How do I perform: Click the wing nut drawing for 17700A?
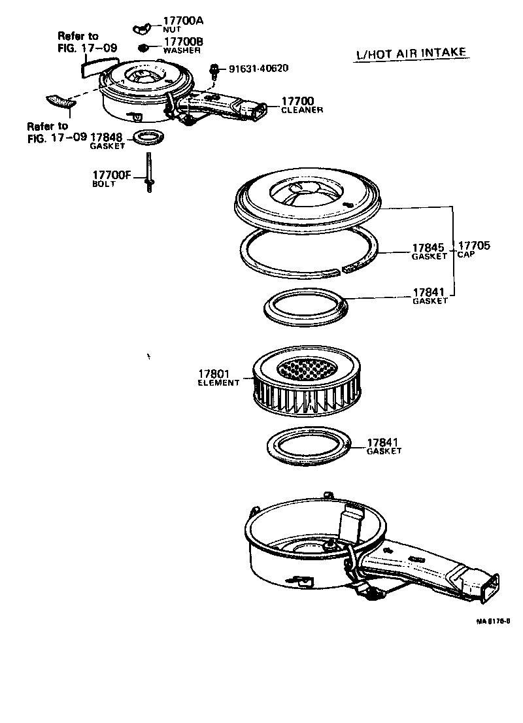click(x=143, y=27)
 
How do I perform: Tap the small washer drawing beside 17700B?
click(x=143, y=48)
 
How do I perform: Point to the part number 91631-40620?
click(x=258, y=68)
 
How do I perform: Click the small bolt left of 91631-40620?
click(x=214, y=69)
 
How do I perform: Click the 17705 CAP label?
click(x=473, y=250)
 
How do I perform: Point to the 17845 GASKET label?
click(x=428, y=252)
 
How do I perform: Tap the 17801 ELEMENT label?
click(x=218, y=377)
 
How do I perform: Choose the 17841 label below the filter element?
click(x=384, y=446)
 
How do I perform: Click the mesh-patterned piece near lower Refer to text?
click(x=58, y=103)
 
